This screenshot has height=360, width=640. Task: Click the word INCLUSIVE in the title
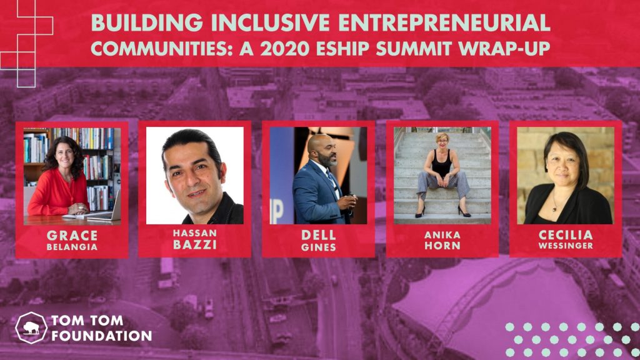click(x=270, y=23)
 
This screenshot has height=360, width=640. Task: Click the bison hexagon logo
click(x=31, y=327)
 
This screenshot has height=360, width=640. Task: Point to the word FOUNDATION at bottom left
click(x=102, y=336)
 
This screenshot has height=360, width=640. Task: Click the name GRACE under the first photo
click(x=72, y=236)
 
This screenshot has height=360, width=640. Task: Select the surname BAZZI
click(x=195, y=244)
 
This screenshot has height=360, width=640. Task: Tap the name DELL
click(x=319, y=235)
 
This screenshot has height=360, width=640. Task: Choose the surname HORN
click(x=442, y=246)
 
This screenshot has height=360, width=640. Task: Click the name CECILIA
click(x=565, y=235)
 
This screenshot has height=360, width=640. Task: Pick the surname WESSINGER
click(x=565, y=246)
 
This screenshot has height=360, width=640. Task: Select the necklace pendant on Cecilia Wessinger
click(x=554, y=209)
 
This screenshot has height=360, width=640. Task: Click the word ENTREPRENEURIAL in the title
click(x=444, y=23)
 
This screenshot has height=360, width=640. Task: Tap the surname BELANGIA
click(x=72, y=247)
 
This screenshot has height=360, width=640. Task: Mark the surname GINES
click(x=319, y=247)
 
